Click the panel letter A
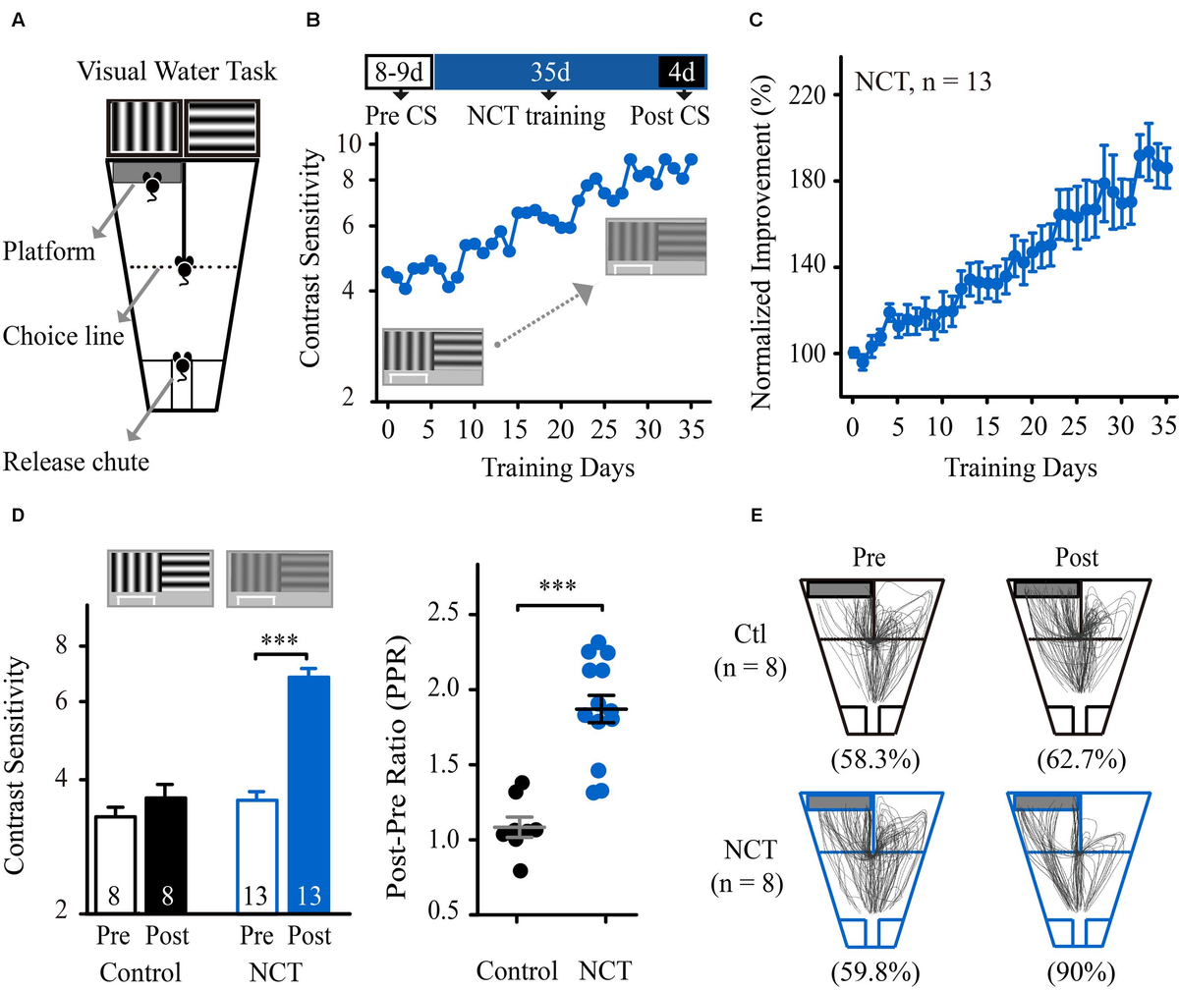coord(18,17)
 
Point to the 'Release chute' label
coord(78,462)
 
